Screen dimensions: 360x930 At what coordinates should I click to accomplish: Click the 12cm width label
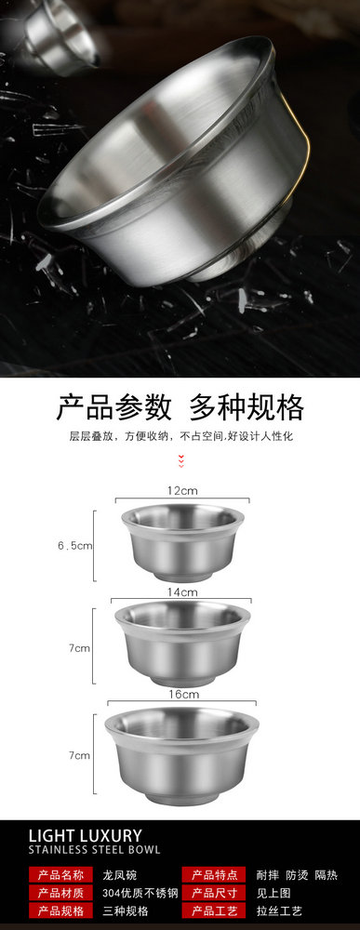[181, 490]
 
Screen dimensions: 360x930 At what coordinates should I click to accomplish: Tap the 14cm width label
[181, 591]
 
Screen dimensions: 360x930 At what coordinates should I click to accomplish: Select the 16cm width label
[182, 694]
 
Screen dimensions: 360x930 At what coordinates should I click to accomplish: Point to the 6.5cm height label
[74, 546]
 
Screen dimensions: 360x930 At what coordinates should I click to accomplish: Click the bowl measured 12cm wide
[182, 542]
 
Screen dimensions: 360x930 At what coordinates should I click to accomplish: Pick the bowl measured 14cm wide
[182, 643]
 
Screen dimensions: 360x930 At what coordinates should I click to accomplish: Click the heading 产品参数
[113, 407]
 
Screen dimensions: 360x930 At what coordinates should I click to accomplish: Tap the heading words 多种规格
[247, 407]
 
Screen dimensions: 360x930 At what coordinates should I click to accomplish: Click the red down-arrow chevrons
[181, 461]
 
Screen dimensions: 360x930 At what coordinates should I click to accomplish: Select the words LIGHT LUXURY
[86, 836]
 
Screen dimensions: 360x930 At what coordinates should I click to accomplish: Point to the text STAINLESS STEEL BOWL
[94, 849]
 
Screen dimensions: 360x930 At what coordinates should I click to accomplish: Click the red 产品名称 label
[60, 874]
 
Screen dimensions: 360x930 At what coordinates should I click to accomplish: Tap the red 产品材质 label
[60, 893]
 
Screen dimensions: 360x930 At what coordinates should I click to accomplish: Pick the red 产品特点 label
[214, 874]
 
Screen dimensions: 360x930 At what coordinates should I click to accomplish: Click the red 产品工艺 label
[214, 911]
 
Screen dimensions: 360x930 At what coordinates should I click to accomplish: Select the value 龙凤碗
[116, 875]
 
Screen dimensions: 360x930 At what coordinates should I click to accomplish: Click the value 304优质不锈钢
[140, 893]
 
